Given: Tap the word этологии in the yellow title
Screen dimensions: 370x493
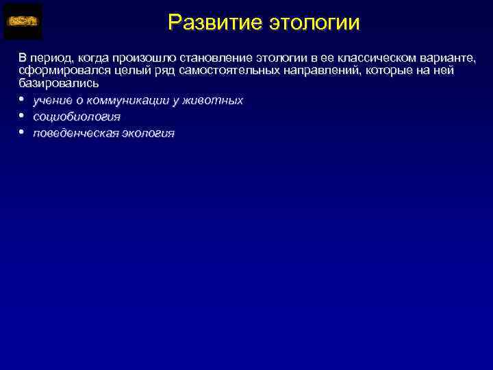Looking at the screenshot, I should coord(313,23).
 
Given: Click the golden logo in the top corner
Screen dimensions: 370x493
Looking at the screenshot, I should coord(23,22).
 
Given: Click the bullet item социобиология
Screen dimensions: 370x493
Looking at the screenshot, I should coord(76,116).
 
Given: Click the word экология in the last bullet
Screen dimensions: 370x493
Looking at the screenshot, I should coord(148,133).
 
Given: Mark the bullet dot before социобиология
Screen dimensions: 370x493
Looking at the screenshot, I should coord(22,115).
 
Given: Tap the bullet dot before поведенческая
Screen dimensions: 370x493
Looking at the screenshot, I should coord(22,132).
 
